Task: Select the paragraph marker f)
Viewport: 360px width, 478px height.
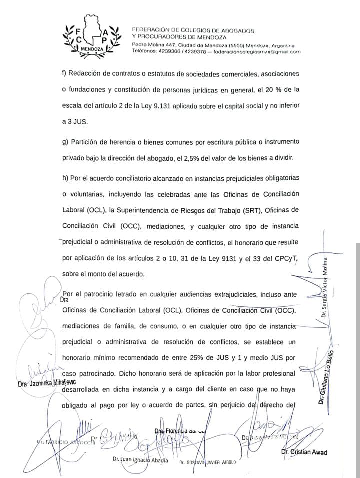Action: pos(65,74)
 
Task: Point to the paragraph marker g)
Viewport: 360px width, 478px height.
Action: pos(65,142)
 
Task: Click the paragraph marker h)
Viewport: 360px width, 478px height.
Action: pos(65,178)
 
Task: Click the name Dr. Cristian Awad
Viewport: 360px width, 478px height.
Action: pos(304,452)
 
